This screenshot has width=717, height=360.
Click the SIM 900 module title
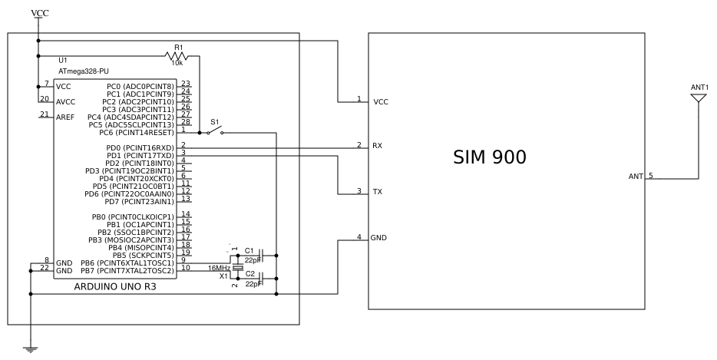(x=489, y=159)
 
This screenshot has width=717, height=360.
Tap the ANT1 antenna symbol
(x=699, y=99)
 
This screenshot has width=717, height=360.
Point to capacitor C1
(x=262, y=253)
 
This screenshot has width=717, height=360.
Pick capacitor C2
(x=262, y=276)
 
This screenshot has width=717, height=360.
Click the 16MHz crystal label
(x=220, y=268)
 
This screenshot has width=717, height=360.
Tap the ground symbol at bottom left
(x=31, y=349)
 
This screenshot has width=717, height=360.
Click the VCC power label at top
(x=38, y=13)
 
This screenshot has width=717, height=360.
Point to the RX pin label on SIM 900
(x=378, y=146)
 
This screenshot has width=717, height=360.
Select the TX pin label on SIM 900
(x=378, y=192)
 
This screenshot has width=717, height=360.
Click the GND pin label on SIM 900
(x=380, y=238)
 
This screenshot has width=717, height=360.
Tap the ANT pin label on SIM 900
(x=636, y=177)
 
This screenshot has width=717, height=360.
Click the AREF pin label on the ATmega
(x=65, y=116)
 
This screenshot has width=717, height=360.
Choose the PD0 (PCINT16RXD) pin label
(x=140, y=147)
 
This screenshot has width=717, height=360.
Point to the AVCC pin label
(x=65, y=101)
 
